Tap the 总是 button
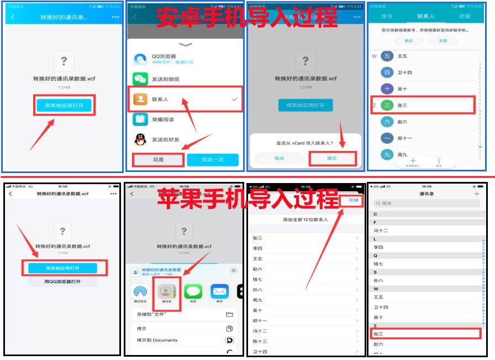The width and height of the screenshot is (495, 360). pyautogui.click(x=158, y=159)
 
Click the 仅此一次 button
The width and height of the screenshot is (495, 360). pyautogui.click(x=213, y=159)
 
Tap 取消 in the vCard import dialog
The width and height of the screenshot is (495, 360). pyautogui.click(x=280, y=158)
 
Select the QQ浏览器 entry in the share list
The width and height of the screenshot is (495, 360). pyautogui.click(x=164, y=59)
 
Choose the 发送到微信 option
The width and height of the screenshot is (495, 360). pyautogui.click(x=165, y=79)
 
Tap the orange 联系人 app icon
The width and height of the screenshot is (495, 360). pyautogui.click(x=140, y=99)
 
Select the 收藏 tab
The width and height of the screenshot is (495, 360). pyautogui.click(x=464, y=17)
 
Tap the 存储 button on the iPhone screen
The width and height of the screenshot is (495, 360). pyautogui.click(x=353, y=200)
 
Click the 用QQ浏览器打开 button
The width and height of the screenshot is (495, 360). pyautogui.click(x=62, y=281)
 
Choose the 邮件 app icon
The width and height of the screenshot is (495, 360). pyautogui.click(x=219, y=293)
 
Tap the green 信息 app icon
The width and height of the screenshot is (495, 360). pyautogui.click(x=193, y=293)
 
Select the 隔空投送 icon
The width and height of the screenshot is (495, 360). pyautogui.click(x=140, y=293)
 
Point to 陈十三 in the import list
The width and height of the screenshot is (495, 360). pyautogui.click(x=260, y=341)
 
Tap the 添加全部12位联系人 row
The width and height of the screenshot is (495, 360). pyautogui.click(x=305, y=220)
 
